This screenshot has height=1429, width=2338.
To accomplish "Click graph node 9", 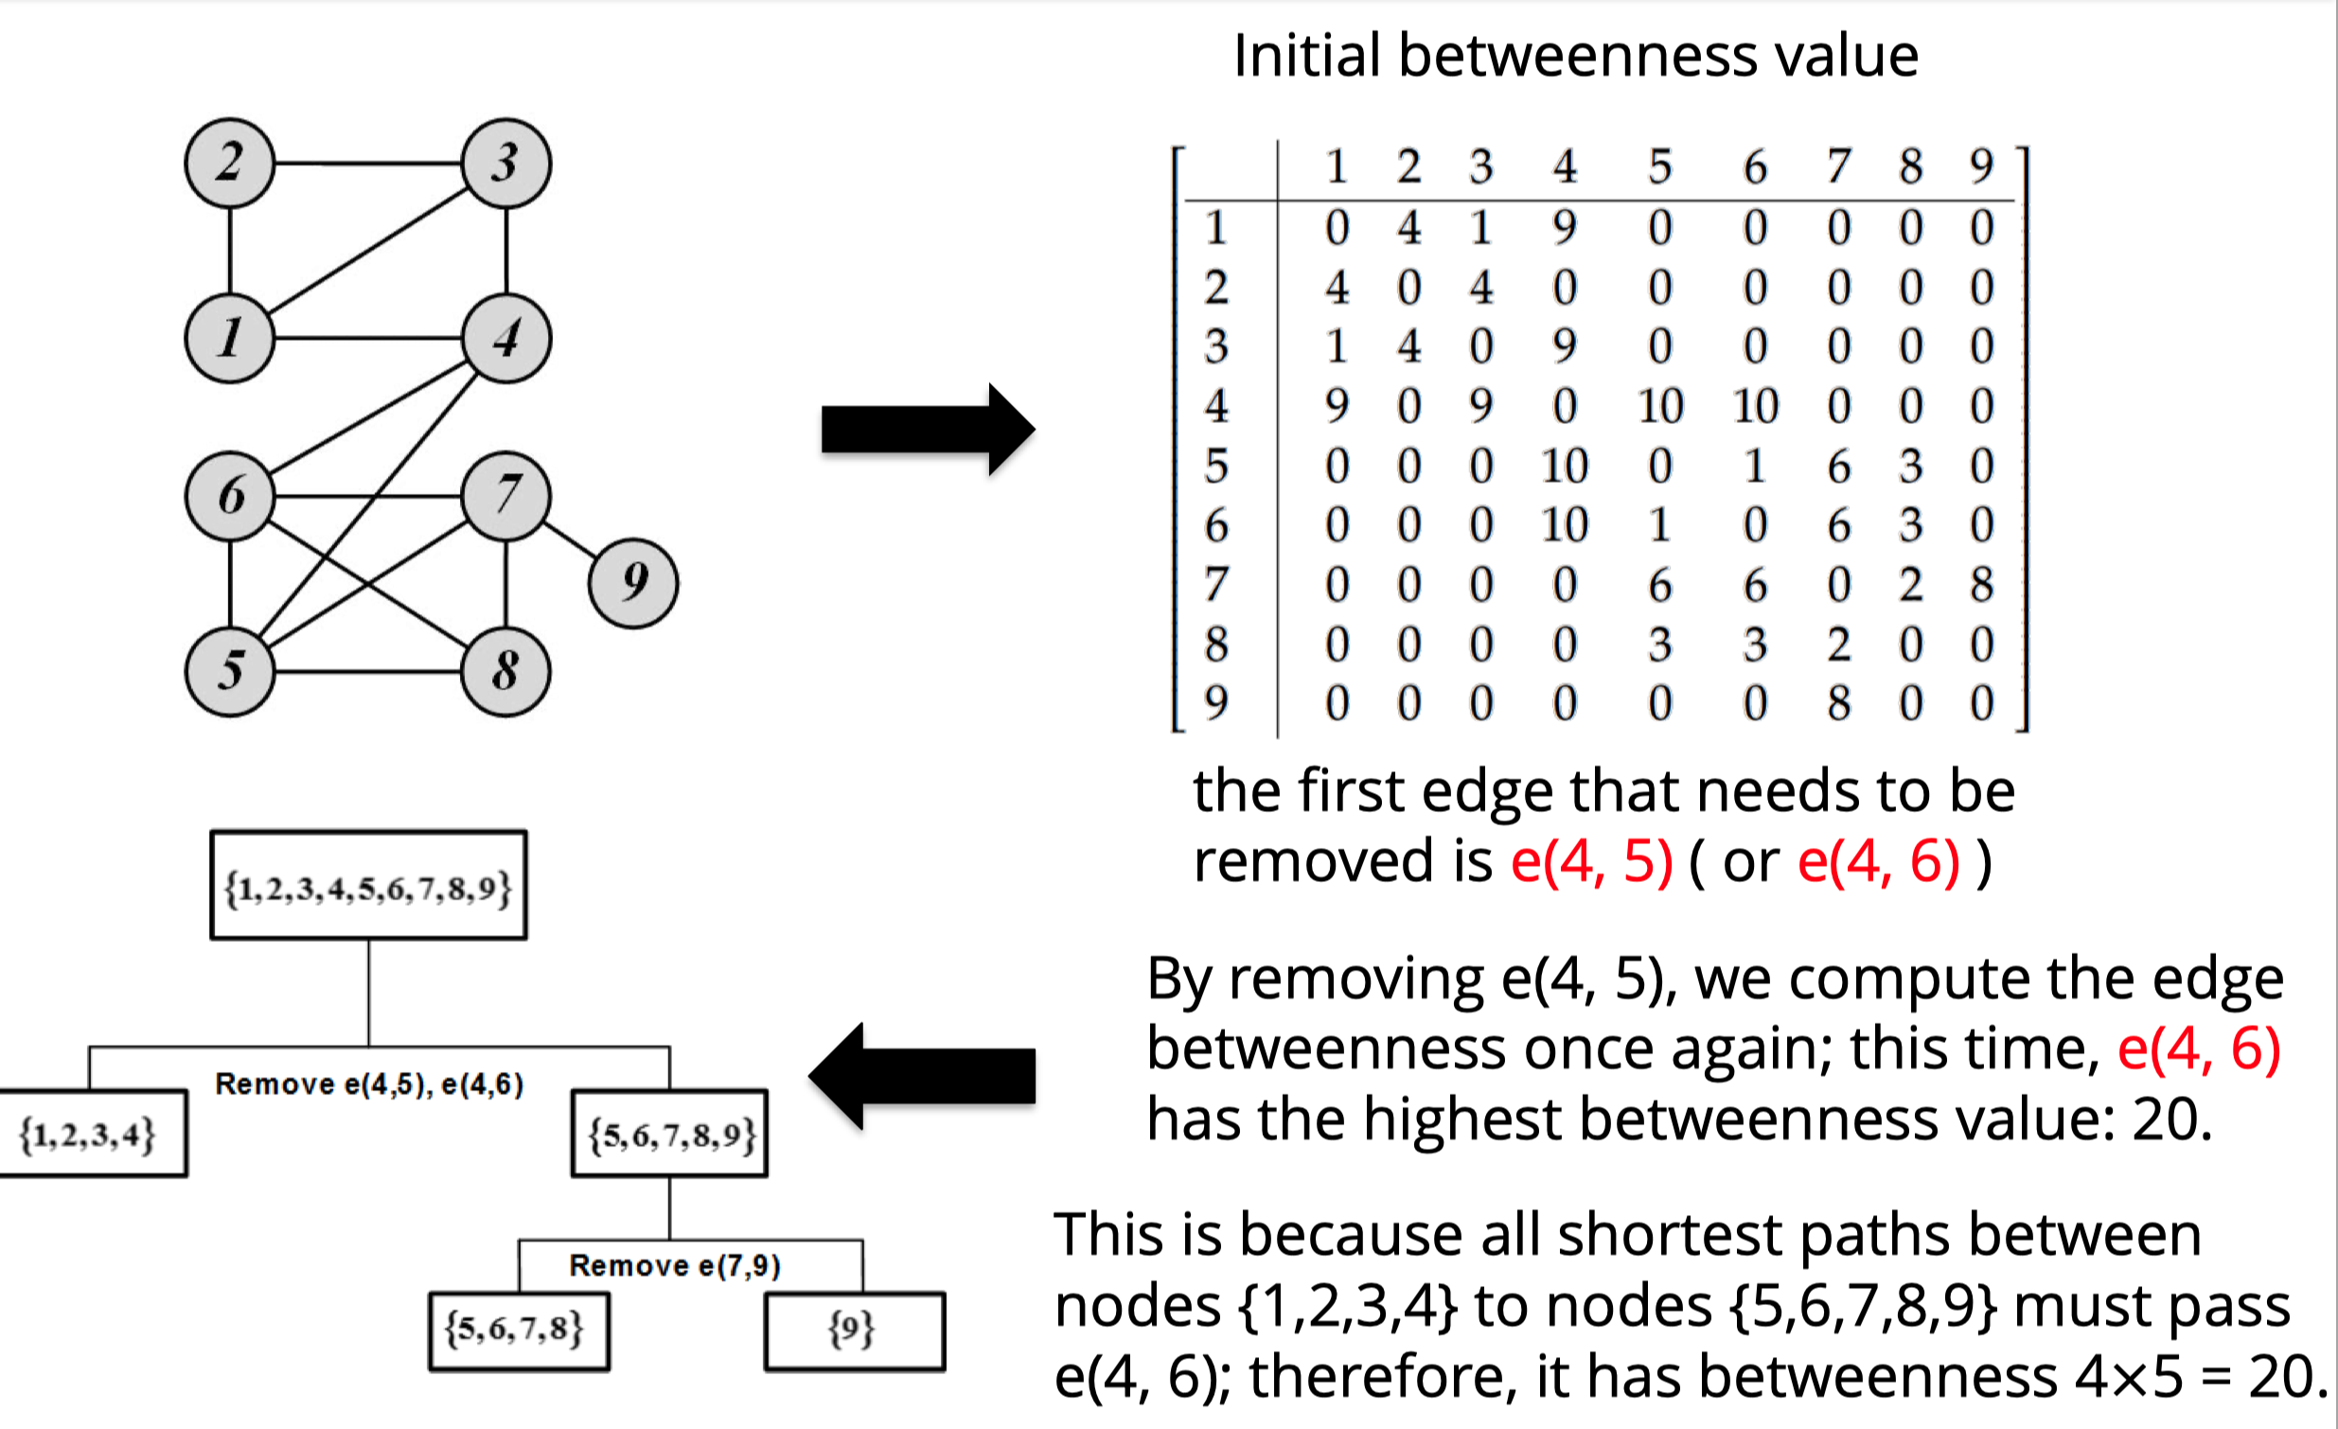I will tap(633, 583).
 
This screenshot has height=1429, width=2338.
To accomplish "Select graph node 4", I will tap(505, 338).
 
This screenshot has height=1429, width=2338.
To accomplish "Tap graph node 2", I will tap(230, 162).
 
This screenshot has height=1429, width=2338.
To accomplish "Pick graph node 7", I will tap(505, 495).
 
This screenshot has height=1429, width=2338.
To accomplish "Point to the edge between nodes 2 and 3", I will tap(368, 163).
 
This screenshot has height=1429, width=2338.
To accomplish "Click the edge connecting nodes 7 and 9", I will tap(570, 539).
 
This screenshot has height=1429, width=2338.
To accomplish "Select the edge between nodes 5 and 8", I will tap(368, 672).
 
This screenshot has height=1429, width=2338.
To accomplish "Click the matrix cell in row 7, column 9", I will tap(1980, 585).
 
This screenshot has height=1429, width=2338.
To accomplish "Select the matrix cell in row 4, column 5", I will tap(1659, 406).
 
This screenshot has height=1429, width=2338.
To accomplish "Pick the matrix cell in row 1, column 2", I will tap(1409, 228).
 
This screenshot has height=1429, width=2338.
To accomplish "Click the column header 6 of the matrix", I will tap(1755, 167).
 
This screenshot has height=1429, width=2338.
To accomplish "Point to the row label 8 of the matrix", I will tap(1215, 644).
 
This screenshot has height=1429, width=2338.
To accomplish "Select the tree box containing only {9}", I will tap(853, 1331).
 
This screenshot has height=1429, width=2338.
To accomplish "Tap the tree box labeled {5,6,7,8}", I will tap(518, 1331).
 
